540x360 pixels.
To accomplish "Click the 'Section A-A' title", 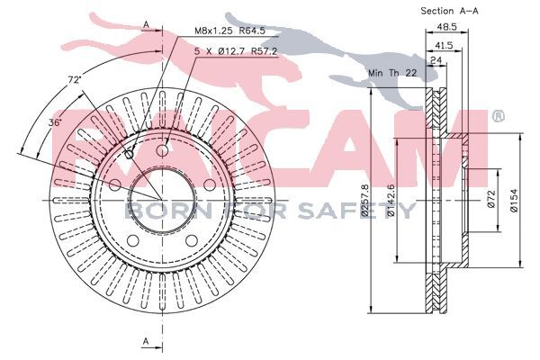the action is [x=449, y=11].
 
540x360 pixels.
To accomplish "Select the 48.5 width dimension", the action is [x=446, y=27].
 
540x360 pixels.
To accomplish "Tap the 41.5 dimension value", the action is [x=443, y=45].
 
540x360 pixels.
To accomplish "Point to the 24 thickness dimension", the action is [x=436, y=60].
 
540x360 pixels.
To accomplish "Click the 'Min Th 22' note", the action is [x=392, y=73].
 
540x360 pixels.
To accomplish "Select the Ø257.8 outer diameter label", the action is [x=365, y=201].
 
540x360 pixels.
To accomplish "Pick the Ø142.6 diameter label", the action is [x=391, y=201].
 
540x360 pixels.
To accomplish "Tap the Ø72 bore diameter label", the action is [x=491, y=199].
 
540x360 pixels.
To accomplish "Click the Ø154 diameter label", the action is [x=514, y=201].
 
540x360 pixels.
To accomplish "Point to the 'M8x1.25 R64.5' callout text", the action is [x=230, y=31].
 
